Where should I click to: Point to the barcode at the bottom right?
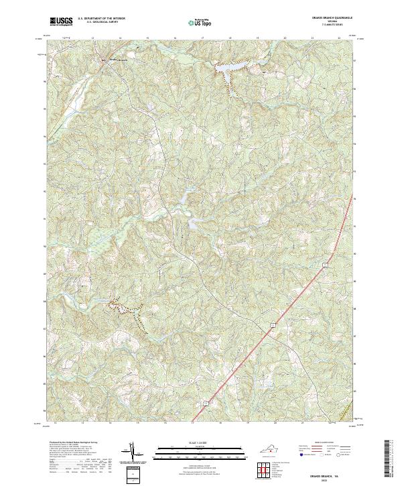pos(390,459)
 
